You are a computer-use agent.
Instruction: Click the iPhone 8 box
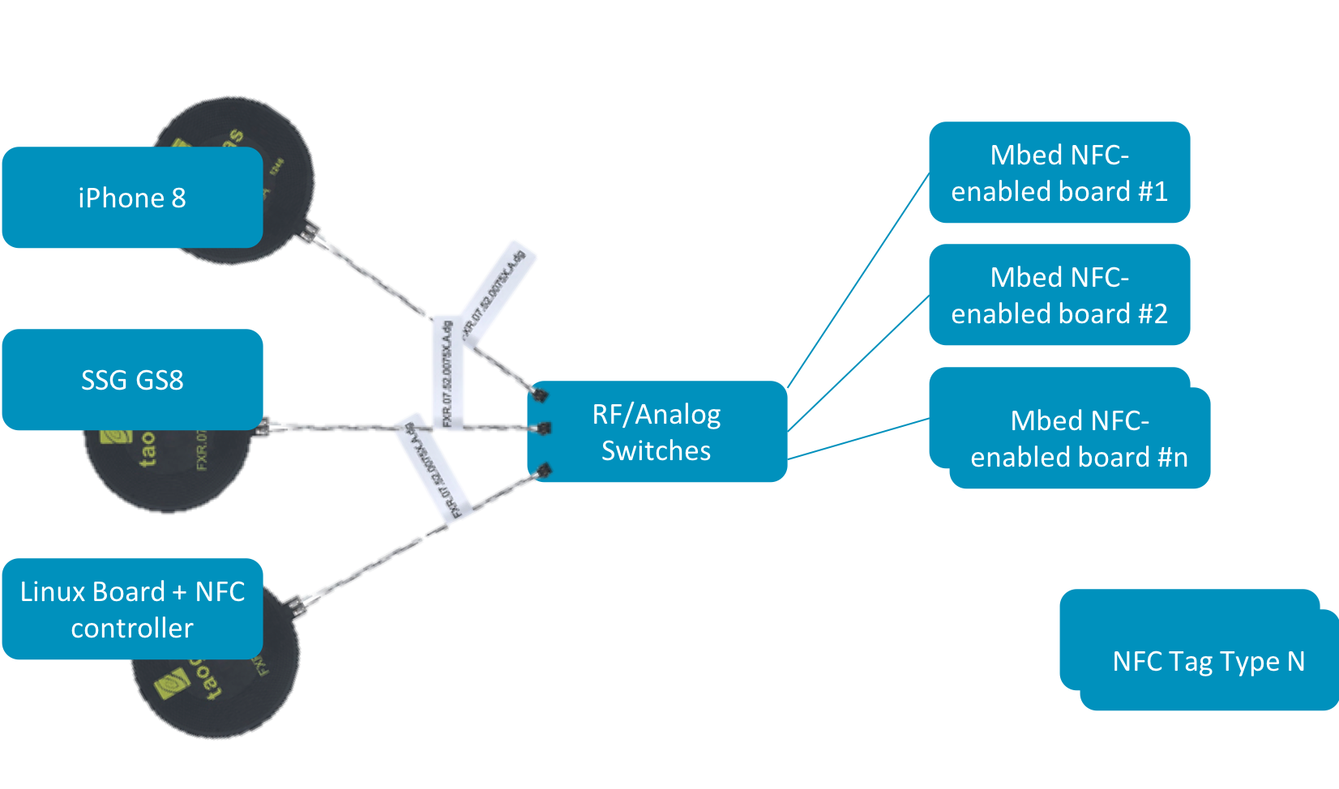(x=132, y=198)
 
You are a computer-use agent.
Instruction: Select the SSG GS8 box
(x=132, y=379)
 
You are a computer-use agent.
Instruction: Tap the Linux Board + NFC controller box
(x=132, y=609)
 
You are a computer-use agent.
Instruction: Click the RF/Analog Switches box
(x=657, y=432)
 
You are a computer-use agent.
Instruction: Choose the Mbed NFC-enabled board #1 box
(x=1059, y=173)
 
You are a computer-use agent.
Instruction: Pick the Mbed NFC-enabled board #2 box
(x=1059, y=295)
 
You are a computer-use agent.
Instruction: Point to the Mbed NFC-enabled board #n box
(x=1079, y=438)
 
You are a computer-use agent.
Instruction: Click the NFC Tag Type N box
(x=1209, y=661)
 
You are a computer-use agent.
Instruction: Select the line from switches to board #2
(x=858, y=363)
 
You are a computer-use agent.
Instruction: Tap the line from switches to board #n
(x=858, y=439)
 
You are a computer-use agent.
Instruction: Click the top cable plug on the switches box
(x=539, y=395)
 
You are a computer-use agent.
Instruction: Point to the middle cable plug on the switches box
(x=543, y=429)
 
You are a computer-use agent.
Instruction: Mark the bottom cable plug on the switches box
(x=544, y=470)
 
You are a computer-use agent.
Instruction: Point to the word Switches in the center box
(x=656, y=450)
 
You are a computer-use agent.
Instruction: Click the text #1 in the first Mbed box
(x=1153, y=192)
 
